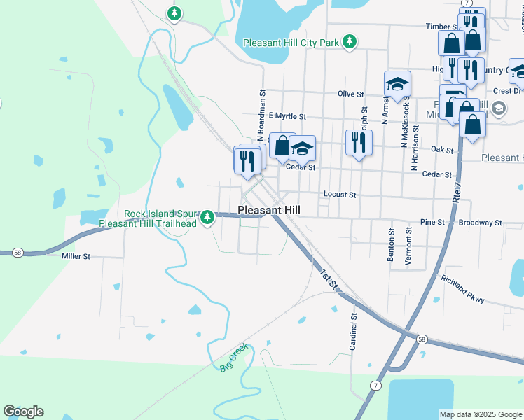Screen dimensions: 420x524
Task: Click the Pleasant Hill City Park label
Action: (291, 43)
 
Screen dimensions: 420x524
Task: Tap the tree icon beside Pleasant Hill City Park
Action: (350, 43)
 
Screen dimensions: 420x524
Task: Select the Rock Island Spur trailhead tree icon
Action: (207, 218)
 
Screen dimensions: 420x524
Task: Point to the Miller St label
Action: (76, 257)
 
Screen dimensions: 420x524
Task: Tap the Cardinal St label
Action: (354, 331)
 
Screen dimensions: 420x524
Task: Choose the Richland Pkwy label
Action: (462, 288)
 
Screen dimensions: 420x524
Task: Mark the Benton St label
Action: (391, 244)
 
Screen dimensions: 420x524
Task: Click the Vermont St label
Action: (408, 245)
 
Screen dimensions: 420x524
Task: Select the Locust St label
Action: (340, 195)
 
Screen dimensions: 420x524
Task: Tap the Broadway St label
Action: (480, 223)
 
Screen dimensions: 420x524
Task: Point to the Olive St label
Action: (351, 94)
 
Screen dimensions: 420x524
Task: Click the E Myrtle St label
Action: (287, 116)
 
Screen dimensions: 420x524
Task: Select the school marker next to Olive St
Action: (397, 84)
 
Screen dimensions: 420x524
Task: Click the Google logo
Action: (23, 412)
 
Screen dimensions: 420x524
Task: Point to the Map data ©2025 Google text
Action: (480, 414)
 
